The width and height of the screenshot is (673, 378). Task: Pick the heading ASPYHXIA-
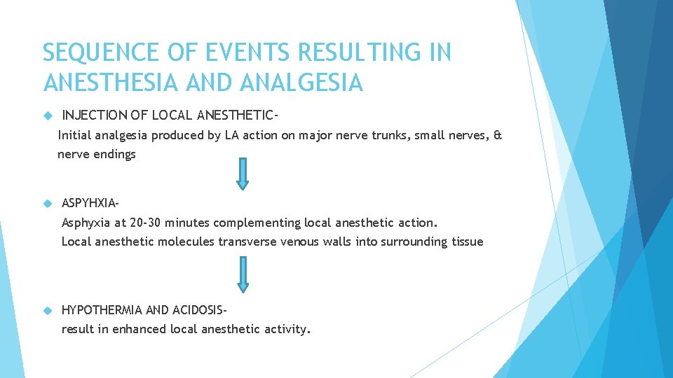[x=90, y=204]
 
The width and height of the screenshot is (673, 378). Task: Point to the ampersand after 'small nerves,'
[x=498, y=135]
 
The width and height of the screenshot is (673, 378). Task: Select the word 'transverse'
[x=247, y=241]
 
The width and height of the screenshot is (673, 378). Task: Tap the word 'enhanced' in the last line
[x=137, y=329]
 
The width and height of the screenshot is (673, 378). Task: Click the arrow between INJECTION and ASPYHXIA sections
[x=243, y=173]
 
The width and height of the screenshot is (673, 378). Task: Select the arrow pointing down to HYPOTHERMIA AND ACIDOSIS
[x=243, y=274]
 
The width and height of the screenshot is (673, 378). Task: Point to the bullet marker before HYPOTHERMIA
[x=47, y=309]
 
